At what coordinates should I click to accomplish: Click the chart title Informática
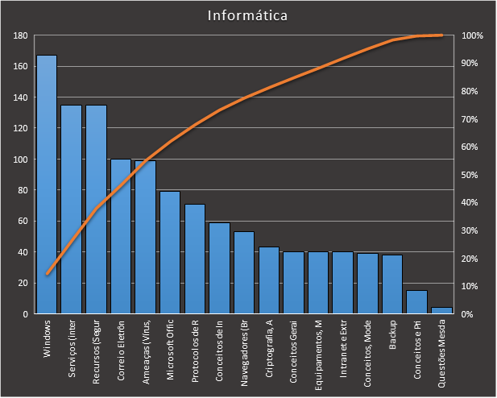(247, 15)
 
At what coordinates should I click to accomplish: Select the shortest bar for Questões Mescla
(441, 310)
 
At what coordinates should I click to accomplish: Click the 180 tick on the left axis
(21, 36)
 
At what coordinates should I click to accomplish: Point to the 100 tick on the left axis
(21, 160)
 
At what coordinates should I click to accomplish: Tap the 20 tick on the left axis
(23, 283)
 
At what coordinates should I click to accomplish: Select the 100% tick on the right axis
(472, 36)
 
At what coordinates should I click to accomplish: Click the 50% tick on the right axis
(472, 175)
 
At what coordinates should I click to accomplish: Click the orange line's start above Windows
(47, 274)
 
